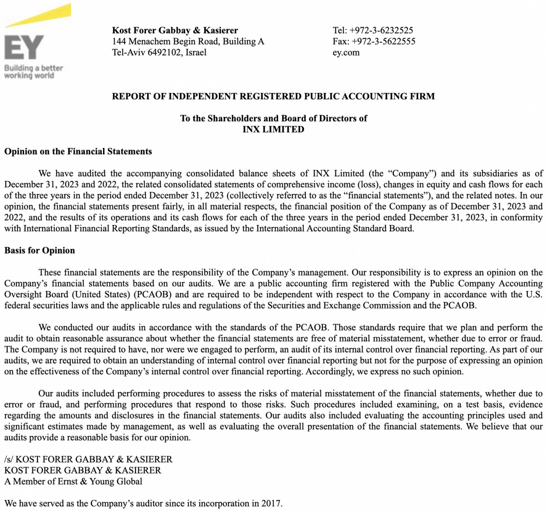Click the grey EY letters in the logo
24,47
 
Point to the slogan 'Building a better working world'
33,72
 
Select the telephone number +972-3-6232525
381,31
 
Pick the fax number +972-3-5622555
383,41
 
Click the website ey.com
346,52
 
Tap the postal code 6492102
165,52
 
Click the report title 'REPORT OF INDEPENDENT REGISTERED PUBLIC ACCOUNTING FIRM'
273,97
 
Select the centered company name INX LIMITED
273,129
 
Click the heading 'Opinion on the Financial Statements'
78,152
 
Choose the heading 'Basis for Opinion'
40,250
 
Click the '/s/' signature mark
9,460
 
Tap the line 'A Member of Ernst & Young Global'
73,481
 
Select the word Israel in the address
196,52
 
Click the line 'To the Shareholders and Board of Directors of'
273,118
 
